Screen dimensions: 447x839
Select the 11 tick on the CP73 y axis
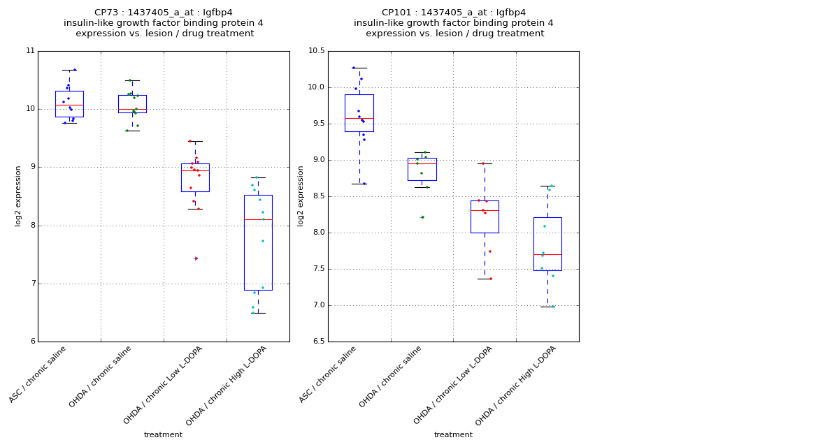pos(30,51)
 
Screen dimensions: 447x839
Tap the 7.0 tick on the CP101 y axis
pos(318,305)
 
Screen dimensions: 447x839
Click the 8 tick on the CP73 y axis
pos(31,226)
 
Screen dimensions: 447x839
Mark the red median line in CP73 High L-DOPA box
pos(258,219)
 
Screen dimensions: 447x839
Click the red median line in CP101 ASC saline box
pos(359,118)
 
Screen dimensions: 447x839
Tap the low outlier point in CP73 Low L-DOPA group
pos(196,258)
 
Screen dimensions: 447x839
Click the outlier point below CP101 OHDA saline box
pos(422,217)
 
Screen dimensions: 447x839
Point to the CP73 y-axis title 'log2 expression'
pos(19,196)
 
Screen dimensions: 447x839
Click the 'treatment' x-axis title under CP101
pos(453,435)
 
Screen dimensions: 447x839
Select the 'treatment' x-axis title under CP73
pos(163,435)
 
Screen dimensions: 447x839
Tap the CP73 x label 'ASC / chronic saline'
pos(38,375)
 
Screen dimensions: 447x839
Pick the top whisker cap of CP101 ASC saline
pos(359,68)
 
